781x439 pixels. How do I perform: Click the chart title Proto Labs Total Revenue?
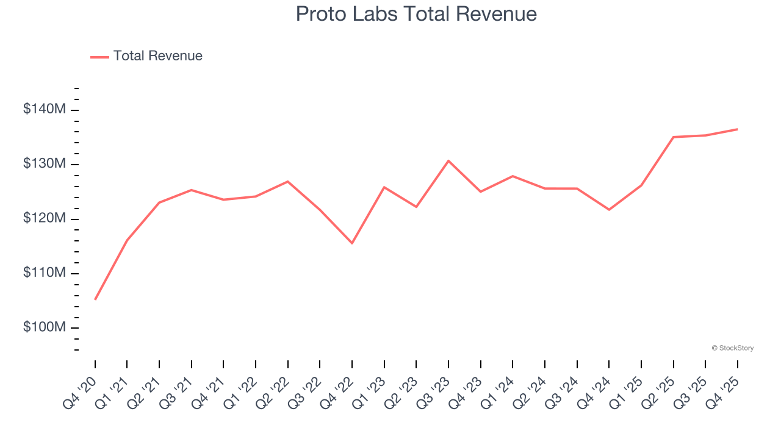416,14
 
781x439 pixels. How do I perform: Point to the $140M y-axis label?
45,110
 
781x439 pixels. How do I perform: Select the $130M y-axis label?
45,164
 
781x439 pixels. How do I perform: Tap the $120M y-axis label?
45,218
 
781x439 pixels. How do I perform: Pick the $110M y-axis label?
45,273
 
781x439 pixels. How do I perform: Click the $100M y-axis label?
45,327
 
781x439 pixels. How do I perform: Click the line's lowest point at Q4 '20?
95,299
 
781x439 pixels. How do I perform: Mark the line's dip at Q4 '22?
352,243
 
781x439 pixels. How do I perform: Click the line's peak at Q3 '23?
448,160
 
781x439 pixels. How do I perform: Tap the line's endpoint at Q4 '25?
737,129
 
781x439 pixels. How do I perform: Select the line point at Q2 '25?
673,137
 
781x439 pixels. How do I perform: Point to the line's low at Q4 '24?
609,210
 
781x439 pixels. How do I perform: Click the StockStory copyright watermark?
732,348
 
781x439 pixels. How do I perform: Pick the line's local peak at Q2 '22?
288,181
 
